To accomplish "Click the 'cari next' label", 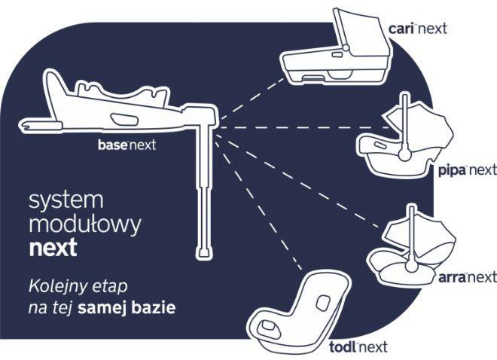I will click(417, 29).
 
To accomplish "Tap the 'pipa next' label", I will click(467, 171).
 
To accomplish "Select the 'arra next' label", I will click(467, 278).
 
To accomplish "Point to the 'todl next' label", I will click(358, 347).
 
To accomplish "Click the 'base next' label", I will click(127, 145).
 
